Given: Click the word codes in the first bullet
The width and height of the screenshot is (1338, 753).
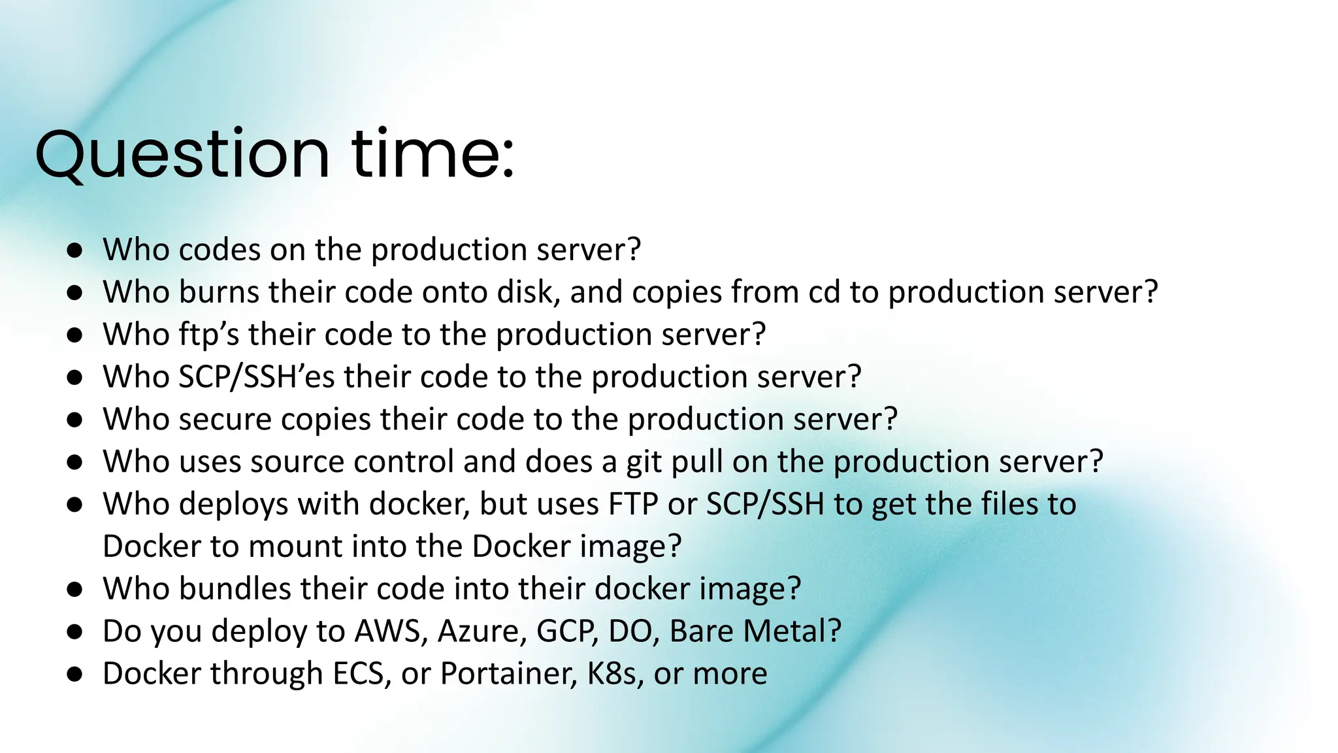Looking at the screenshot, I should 219,250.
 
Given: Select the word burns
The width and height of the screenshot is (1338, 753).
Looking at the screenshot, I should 219,292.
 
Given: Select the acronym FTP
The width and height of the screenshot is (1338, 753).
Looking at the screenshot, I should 632,504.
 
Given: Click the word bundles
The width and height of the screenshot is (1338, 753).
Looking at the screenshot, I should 235,589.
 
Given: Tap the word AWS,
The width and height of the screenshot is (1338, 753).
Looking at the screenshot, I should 391,631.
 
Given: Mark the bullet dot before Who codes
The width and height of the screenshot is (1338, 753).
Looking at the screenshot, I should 74,250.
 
